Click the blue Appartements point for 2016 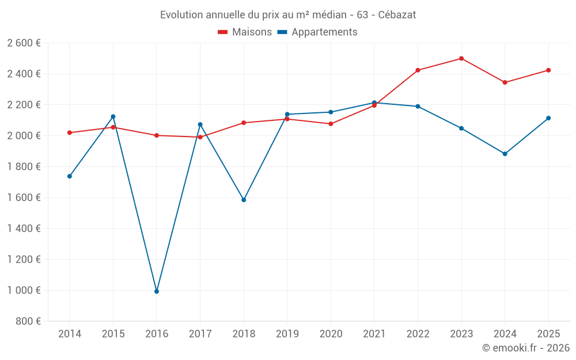pyautogui.click(x=157, y=291)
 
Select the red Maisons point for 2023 pyautogui.click(x=461, y=58)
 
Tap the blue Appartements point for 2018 pyautogui.click(x=244, y=200)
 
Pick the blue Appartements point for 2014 pyautogui.click(x=70, y=176)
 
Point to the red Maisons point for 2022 pyautogui.click(x=418, y=70)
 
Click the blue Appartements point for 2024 pyautogui.click(x=505, y=154)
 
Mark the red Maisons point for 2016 pyautogui.click(x=157, y=135)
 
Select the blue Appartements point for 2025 pyautogui.click(x=548, y=118)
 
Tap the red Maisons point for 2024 pyautogui.click(x=505, y=82)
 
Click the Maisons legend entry pyautogui.click(x=245, y=32)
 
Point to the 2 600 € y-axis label pyautogui.click(x=24, y=43)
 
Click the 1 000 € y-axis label pyautogui.click(x=24, y=290)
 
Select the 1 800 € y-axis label pyautogui.click(x=24, y=166)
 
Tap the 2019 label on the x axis pyautogui.click(x=287, y=334)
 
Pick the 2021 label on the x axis pyautogui.click(x=374, y=334)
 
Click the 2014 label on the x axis pyautogui.click(x=70, y=334)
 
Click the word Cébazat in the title pyautogui.click(x=397, y=14)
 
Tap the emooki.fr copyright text pyautogui.click(x=526, y=348)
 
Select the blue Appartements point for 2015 pyautogui.click(x=113, y=117)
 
